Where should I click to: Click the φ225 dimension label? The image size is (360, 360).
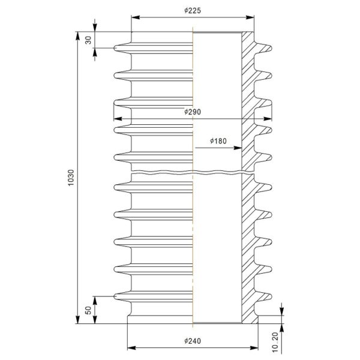[x=193, y=11]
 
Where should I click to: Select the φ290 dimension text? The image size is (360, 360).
[x=193, y=112]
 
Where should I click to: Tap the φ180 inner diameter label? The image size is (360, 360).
[x=218, y=141]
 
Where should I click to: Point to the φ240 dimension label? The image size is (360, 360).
[x=193, y=341]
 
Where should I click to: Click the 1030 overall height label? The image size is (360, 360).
[x=71, y=178]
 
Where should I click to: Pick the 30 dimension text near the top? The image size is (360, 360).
[x=88, y=40]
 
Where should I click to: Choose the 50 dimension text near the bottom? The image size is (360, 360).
[x=88, y=310]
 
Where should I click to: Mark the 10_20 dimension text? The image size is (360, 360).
[x=275, y=342]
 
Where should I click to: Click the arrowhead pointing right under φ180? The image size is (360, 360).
[x=238, y=148]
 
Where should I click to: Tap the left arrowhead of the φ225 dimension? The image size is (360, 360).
[x=136, y=17]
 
